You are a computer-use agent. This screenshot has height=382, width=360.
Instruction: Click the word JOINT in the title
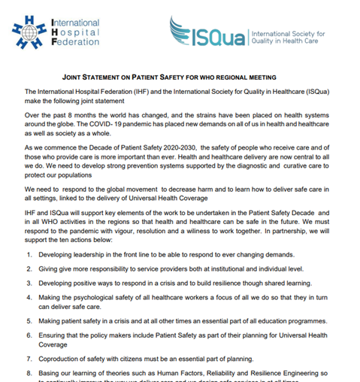[x=74, y=77]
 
